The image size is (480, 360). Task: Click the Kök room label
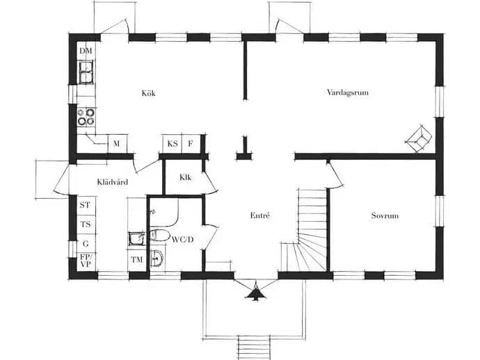[148, 93]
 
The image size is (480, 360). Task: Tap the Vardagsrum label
[348, 92]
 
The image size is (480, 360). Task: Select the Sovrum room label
[385, 215]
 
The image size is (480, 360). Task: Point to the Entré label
[260, 215]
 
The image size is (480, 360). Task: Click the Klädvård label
[113, 182]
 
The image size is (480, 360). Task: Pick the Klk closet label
[186, 177]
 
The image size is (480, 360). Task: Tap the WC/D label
[183, 240]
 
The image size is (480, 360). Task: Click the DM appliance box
[86, 51]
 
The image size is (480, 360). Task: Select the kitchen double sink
[86, 72]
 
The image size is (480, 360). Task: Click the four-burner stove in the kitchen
[86, 117]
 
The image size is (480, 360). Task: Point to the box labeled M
[118, 144]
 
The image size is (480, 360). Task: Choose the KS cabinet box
[173, 144]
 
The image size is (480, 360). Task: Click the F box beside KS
[191, 144]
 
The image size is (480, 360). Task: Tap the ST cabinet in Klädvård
[86, 205]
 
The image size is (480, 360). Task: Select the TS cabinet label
[86, 224]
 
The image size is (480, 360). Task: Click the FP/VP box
[86, 261]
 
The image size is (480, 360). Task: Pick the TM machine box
[137, 260]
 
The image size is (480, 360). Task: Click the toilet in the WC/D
[159, 235]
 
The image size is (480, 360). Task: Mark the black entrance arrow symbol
[255, 293]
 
